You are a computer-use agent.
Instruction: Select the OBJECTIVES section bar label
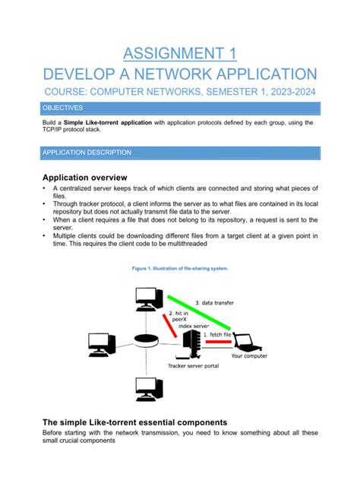pyautogui.click(x=63, y=109)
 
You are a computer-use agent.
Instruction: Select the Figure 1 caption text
pyautogui.click(x=180, y=269)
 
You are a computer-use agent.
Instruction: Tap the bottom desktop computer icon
pyautogui.click(x=147, y=390)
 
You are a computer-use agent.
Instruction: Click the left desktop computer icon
pyautogui.click(x=101, y=344)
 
